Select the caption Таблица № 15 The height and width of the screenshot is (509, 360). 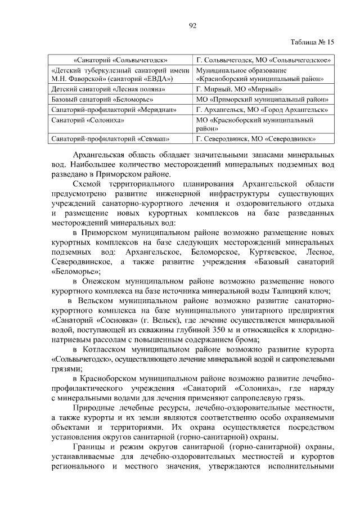click(313, 42)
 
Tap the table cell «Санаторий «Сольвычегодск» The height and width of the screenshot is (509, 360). click(121, 60)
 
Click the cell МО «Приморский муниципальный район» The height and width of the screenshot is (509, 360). click(262, 99)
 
